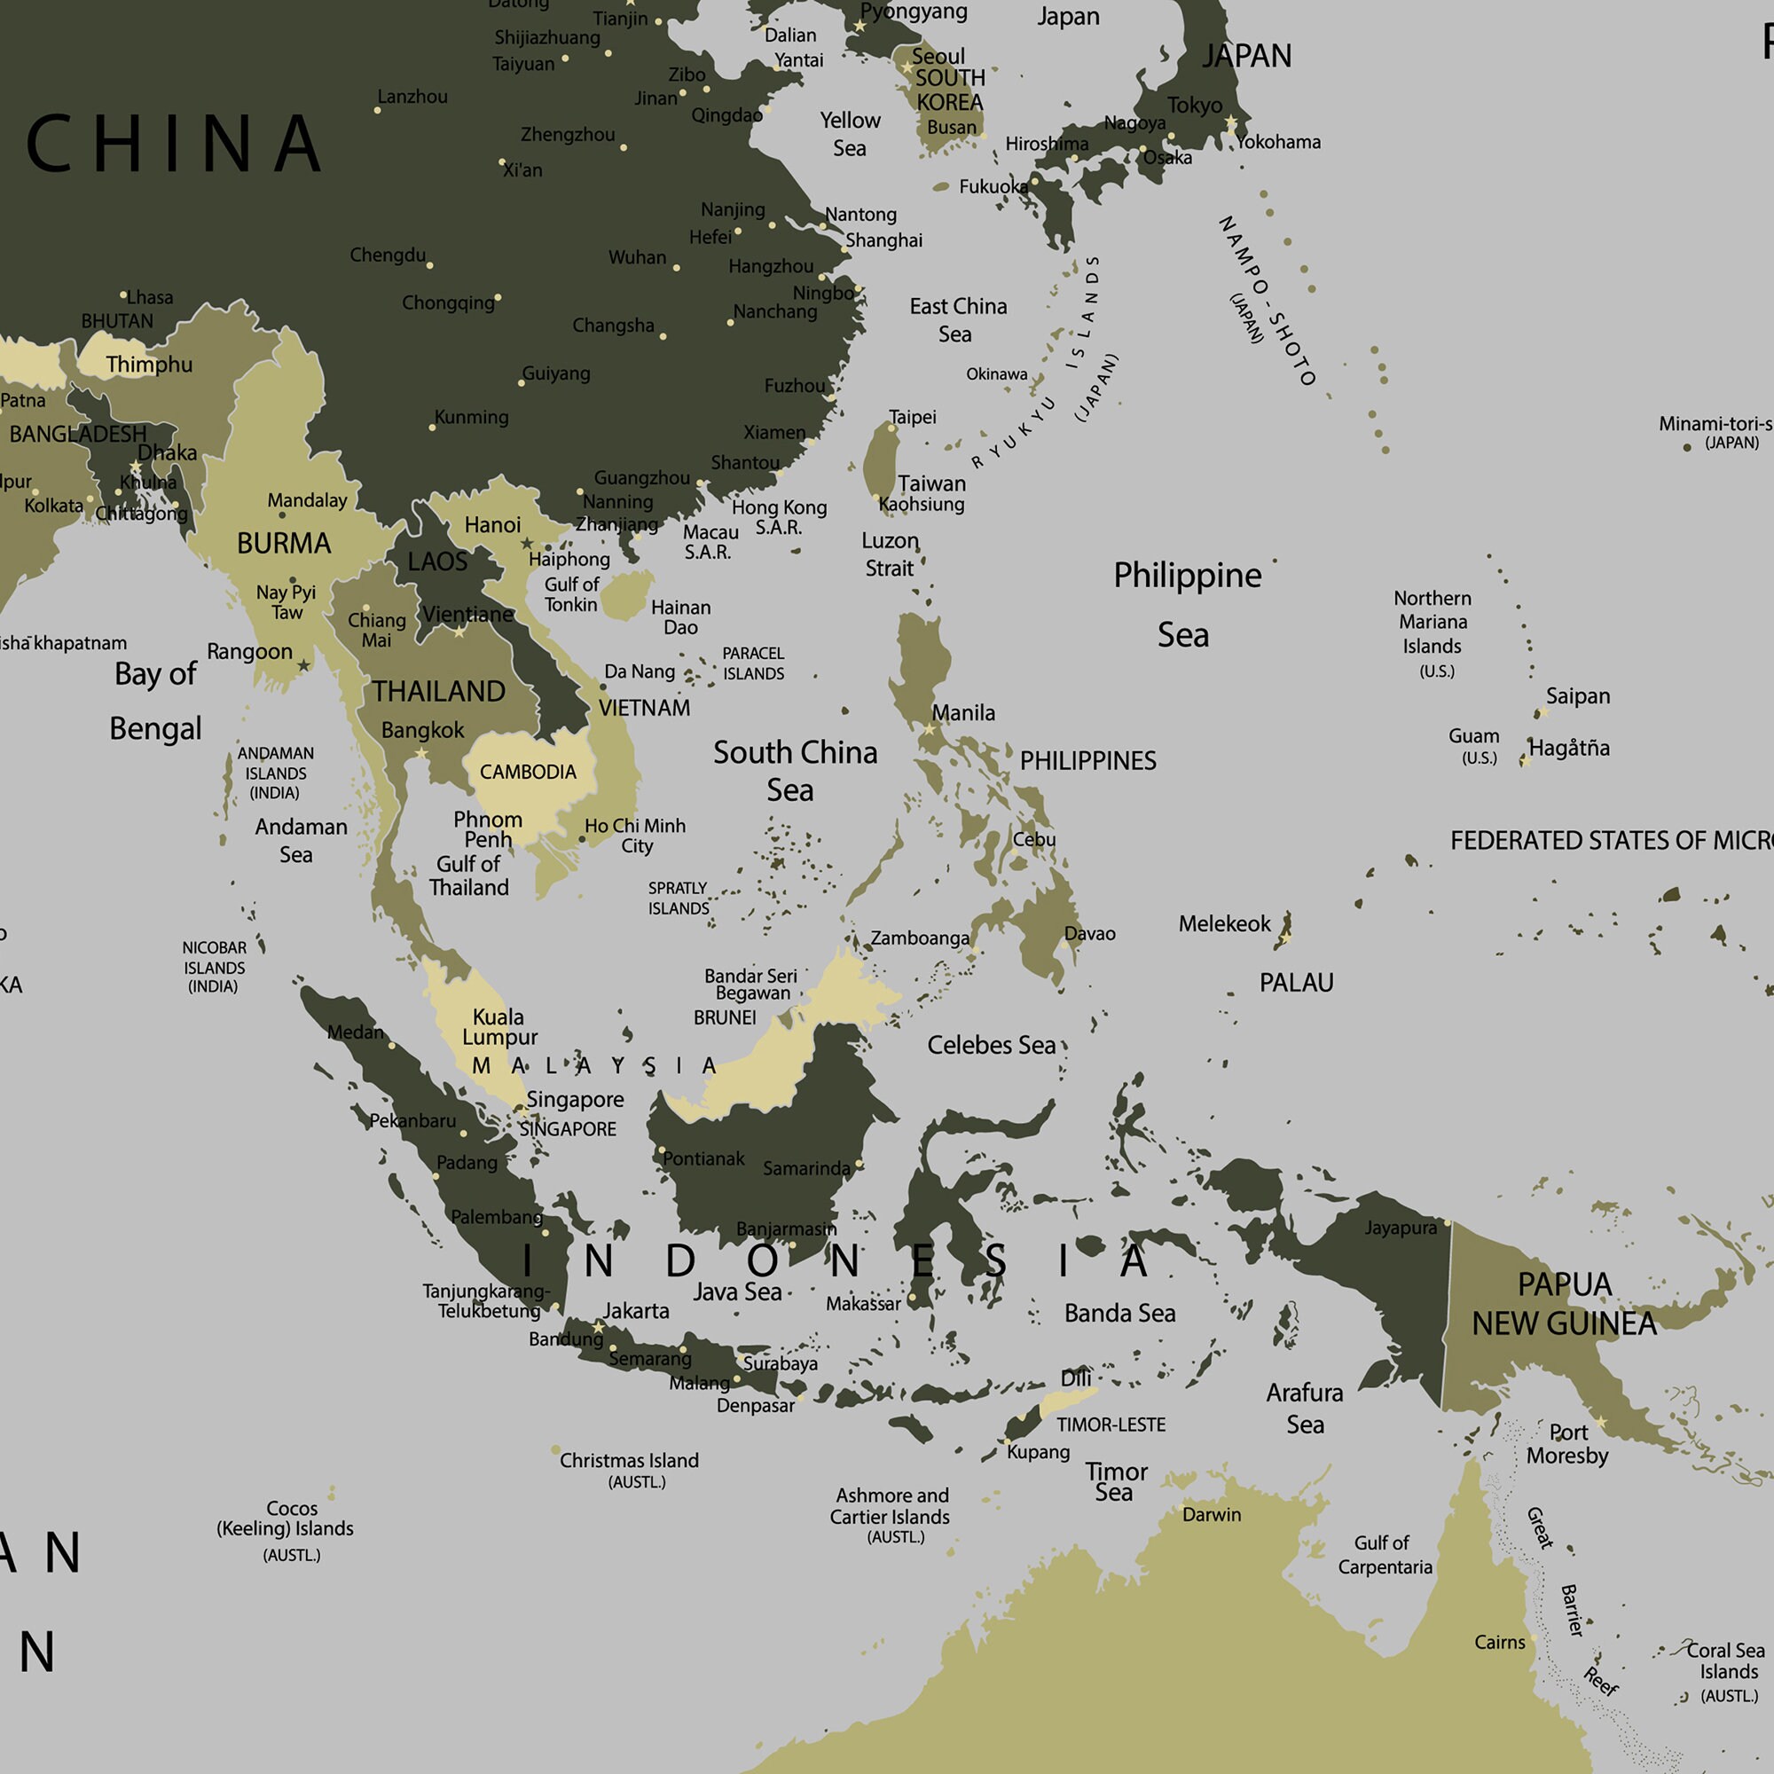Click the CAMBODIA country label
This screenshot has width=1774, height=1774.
point(528,773)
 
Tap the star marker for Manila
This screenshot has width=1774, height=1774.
point(930,729)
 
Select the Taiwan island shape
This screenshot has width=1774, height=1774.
point(882,464)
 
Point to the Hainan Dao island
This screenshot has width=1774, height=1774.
point(627,595)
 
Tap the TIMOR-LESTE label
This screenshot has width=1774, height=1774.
point(1111,1425)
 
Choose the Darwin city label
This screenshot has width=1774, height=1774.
point(1211,1515)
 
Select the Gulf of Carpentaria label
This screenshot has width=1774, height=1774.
point(1384,1555)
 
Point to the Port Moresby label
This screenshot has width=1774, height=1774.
point(1566,1444)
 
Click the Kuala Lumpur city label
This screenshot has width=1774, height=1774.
point(499,1026)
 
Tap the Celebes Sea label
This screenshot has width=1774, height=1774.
point(991,1045)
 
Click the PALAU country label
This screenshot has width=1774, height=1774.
point(1296,983)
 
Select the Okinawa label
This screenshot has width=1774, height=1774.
point(996,373)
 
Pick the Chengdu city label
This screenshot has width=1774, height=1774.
point(388,255)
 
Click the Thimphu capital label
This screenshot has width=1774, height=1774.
point(149,365)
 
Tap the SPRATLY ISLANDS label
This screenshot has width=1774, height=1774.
point(679,898)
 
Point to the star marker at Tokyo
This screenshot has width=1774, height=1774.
point(1230,123)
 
